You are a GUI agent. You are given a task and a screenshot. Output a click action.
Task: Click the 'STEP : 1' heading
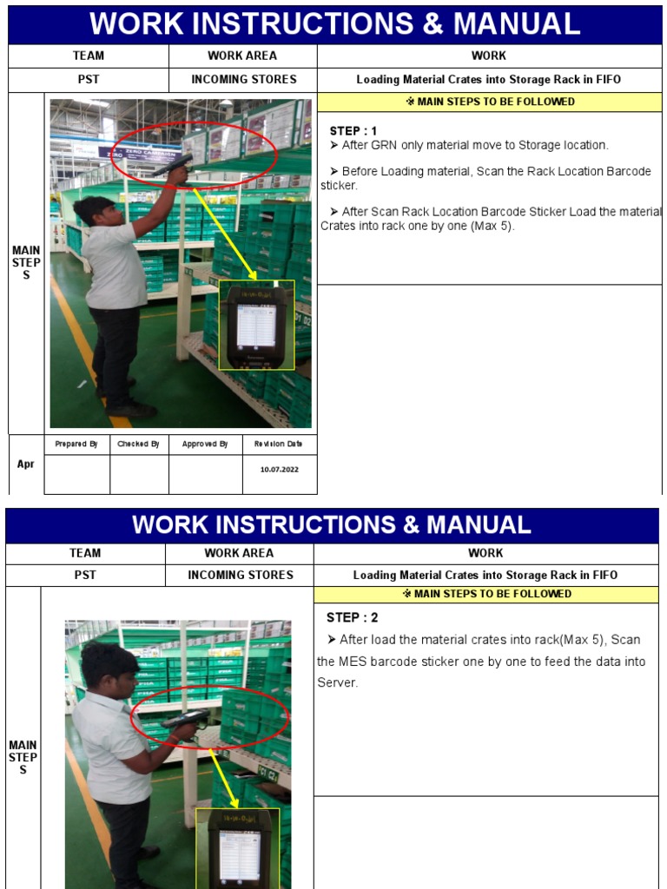353,131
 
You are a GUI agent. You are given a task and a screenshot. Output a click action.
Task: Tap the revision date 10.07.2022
279,469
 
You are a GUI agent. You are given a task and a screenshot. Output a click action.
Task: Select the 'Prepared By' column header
76,444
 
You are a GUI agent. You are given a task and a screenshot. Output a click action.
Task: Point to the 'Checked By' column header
139,444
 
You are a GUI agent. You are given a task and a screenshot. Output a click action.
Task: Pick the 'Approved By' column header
205,444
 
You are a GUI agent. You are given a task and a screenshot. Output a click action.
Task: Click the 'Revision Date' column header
279,444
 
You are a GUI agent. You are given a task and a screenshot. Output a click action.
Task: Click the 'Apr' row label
26,464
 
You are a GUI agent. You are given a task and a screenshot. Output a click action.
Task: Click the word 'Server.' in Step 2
337,683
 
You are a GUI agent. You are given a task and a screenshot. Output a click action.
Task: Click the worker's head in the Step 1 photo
96,210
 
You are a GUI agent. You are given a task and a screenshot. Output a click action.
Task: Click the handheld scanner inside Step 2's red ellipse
183,720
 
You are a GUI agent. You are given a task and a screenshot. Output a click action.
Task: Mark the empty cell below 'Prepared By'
76,474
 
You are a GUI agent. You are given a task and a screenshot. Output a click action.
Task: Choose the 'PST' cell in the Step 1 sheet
89,79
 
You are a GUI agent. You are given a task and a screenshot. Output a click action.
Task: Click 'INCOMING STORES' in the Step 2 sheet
241,575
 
